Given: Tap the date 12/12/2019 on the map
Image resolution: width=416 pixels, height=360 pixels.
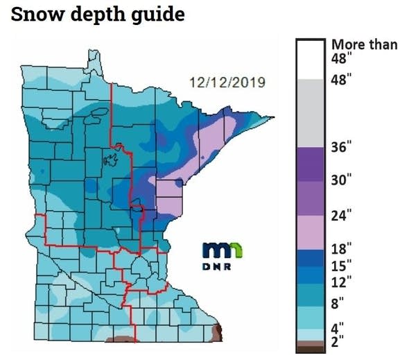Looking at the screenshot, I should click(226, 83).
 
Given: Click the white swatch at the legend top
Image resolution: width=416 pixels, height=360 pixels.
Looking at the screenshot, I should click(311, 59).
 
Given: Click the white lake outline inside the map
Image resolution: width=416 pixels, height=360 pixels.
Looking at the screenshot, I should click(107, 162).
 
